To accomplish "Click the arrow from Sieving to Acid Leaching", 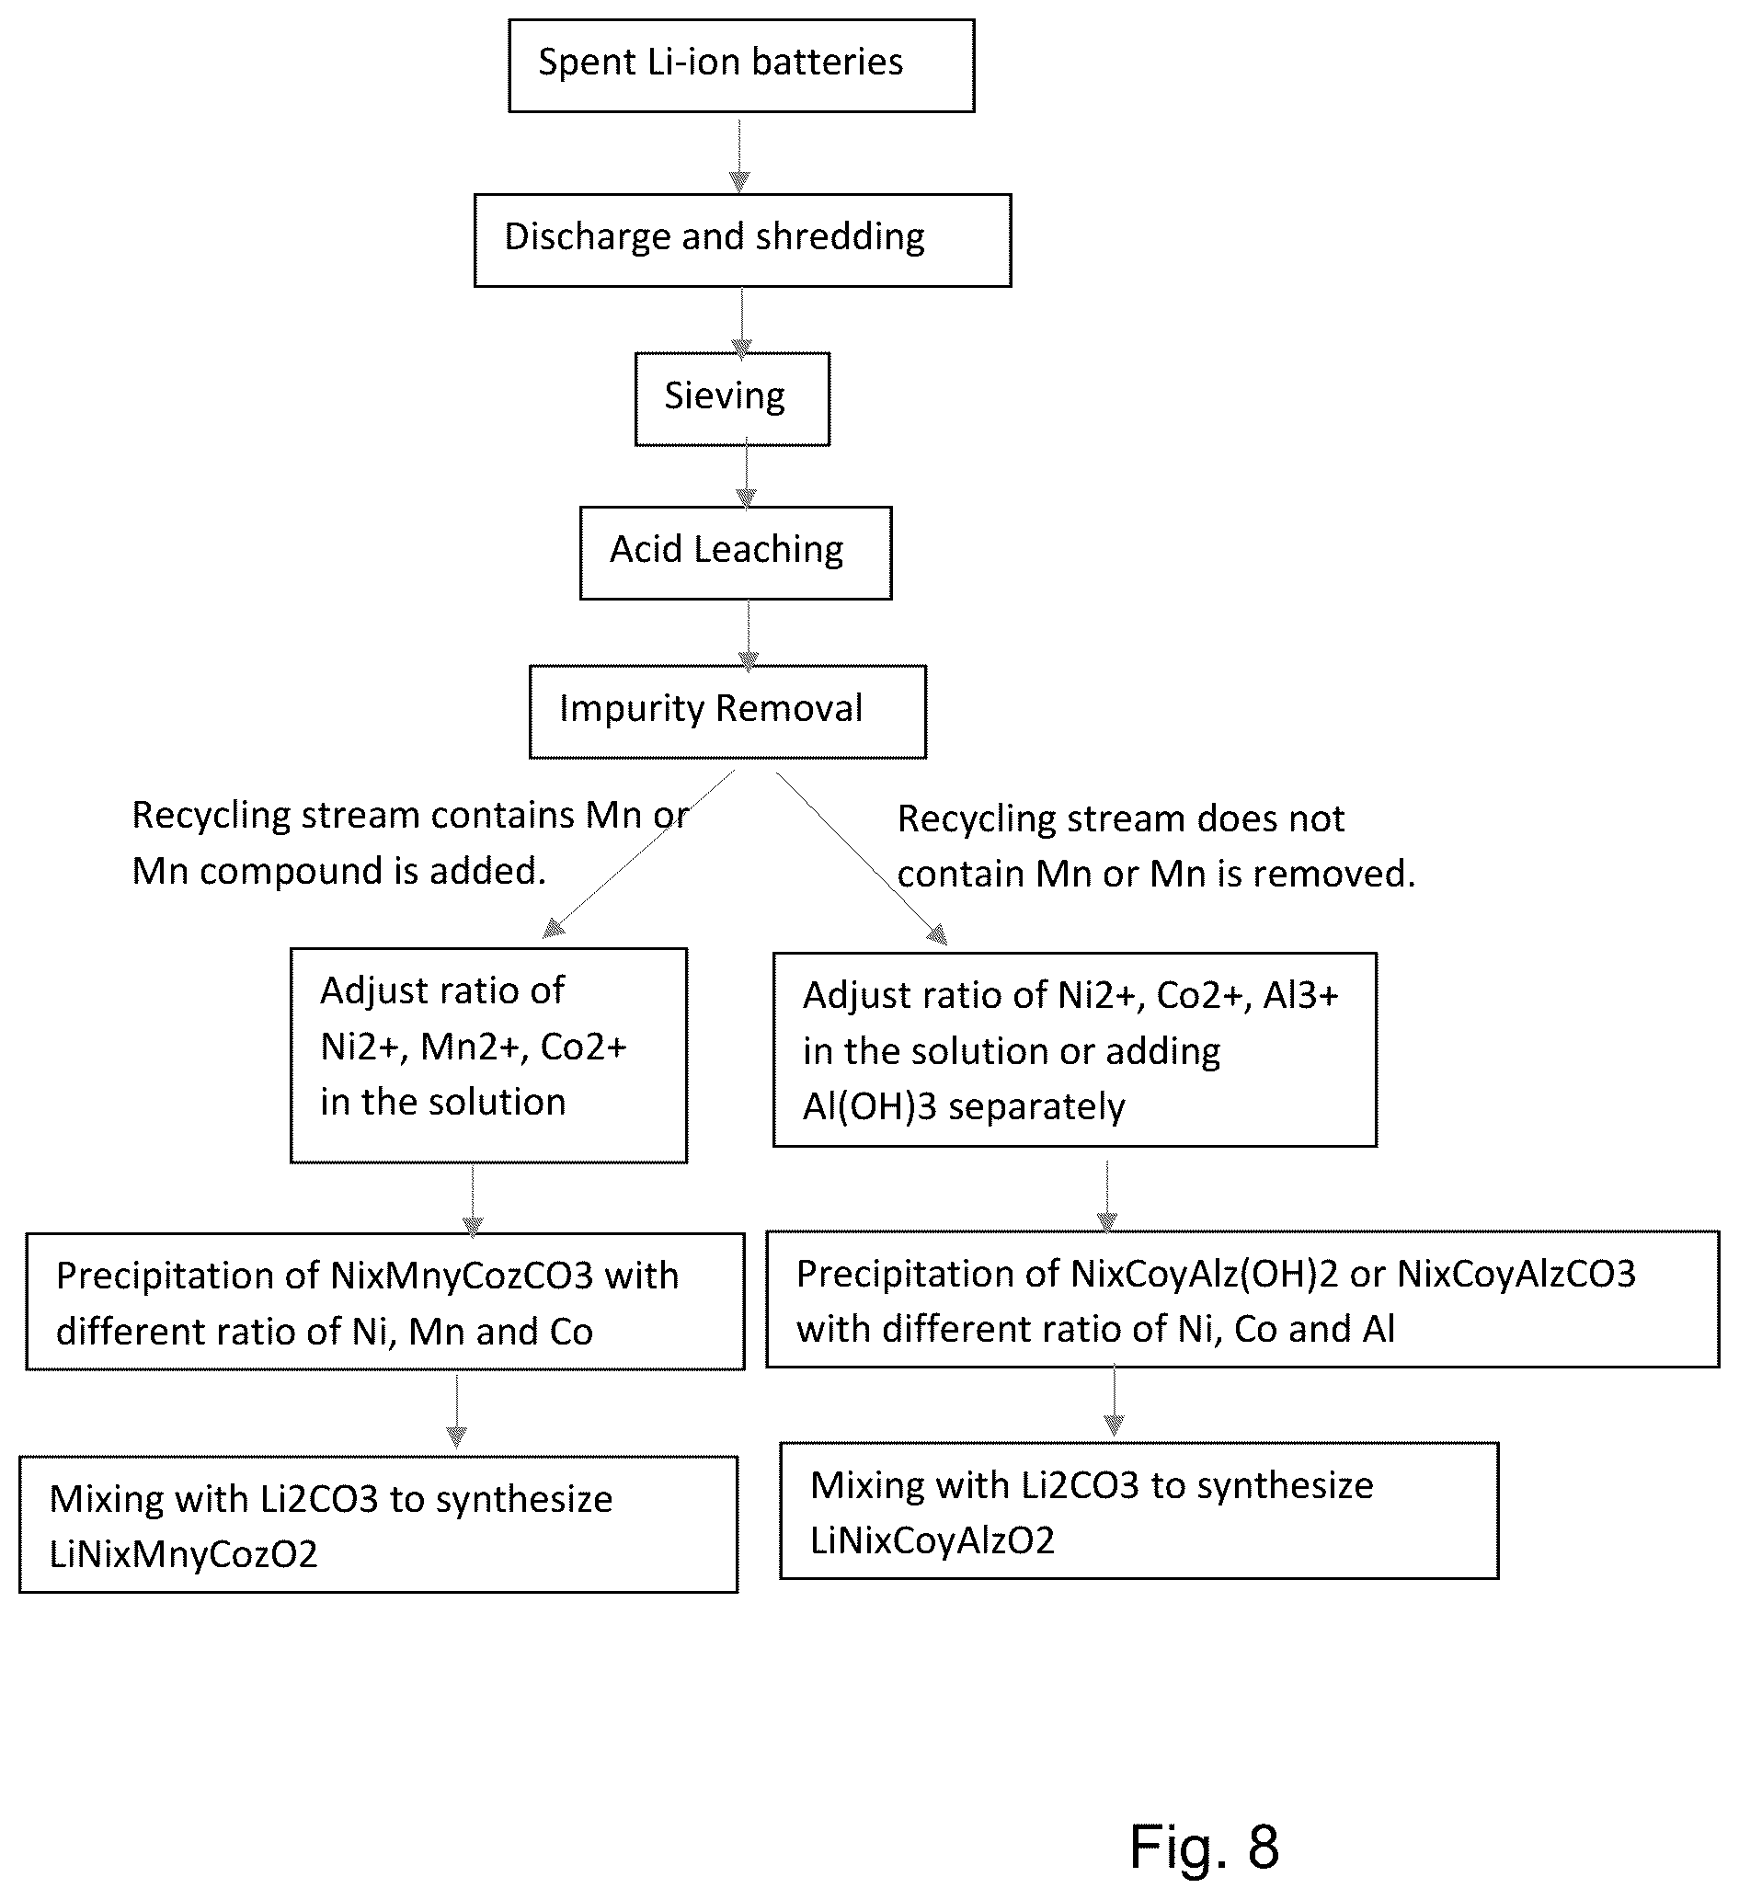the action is click(x=747, y=474).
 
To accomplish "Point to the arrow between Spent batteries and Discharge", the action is click(x=740, y=156).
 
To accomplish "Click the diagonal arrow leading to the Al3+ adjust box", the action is click(x=862, y=859).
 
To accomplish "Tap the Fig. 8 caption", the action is click(x=1205, y=1846).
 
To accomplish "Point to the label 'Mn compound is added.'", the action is click(x=339, y=871).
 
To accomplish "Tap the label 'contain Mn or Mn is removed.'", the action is click(x=1157, y=874).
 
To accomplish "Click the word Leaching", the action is click(x=767, y=549).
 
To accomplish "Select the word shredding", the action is click(x=840, y=236).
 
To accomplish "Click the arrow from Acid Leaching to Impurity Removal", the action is click(x=749, y=635).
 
